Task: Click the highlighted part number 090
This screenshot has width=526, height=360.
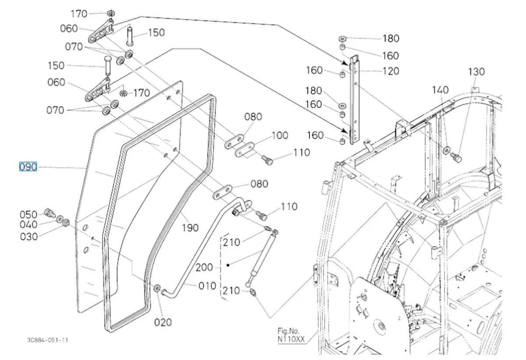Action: point(28,167)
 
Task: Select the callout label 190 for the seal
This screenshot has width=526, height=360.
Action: point(190,228)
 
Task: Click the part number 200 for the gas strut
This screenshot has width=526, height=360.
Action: point(205,267)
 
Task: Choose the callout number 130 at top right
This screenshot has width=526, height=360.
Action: point(476,71)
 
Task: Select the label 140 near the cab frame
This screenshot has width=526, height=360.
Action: point(440,90)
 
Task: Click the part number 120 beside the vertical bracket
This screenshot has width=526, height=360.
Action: point(391,71)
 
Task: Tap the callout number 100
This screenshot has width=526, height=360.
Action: point(280,135)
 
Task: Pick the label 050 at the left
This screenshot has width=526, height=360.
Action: point(28,214)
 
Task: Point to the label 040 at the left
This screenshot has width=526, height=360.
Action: point(28,225)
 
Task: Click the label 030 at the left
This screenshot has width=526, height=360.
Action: point(28,237)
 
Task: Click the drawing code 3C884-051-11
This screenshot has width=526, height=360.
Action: point(47,340)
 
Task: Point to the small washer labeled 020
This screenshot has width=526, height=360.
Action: point(156,288)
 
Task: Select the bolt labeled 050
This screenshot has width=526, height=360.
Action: point(50,214)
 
